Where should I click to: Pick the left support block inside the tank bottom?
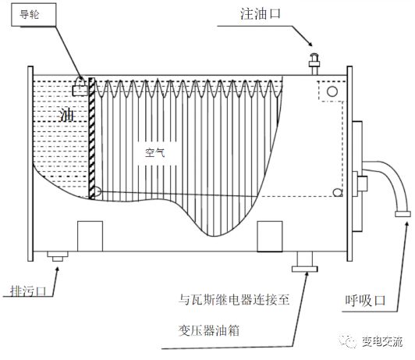pos(90,235)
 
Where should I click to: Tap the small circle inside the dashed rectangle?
pos(332,93)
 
